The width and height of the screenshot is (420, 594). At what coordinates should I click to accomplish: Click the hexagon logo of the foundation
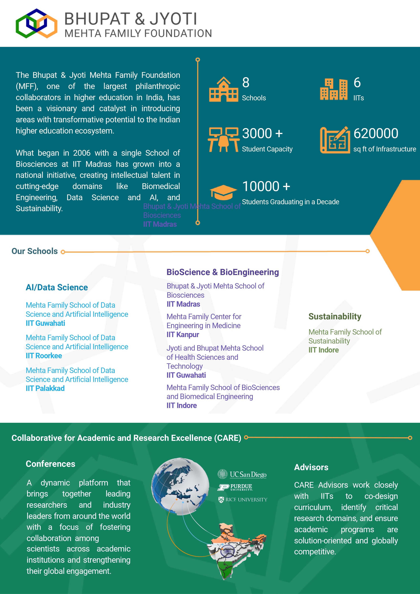pyautogui.click(x=36, y=23)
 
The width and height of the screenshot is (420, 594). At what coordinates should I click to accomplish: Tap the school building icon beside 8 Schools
pyautogui.click(x=223, y=89)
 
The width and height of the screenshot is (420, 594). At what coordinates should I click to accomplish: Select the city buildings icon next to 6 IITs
pyautogui.click(x=334, y=89)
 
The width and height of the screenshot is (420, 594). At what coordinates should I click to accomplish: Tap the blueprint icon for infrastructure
pyautogui.click(x=335, y=140)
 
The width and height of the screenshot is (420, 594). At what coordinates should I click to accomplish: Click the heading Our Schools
pyautogui.click(x=35, y=251)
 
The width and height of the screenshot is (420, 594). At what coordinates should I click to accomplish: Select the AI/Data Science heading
pyautogui.click(x=57, y=287)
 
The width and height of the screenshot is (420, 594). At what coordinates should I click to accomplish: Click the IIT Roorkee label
pyautogui.click(x=44, y=356)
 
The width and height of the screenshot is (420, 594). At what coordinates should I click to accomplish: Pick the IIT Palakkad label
pyautogui.click(x=45, y=388)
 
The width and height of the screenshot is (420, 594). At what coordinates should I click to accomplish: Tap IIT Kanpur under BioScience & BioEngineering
pyautogui.click(x=183, y=335)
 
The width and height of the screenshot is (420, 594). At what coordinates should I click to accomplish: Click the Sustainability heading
pyautogui.click(x=335, y=316)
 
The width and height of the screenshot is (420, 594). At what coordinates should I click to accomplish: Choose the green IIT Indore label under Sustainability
pyautogui.click(x=324, y=350)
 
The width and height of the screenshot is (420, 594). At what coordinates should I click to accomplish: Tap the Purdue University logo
pyautogui.click(x=235, y=487)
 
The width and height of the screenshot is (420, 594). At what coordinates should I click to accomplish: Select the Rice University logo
pyautogui.click(x=243, y=500)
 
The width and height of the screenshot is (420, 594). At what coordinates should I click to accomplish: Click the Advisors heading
pyautogui.click(x=311, y=467)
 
